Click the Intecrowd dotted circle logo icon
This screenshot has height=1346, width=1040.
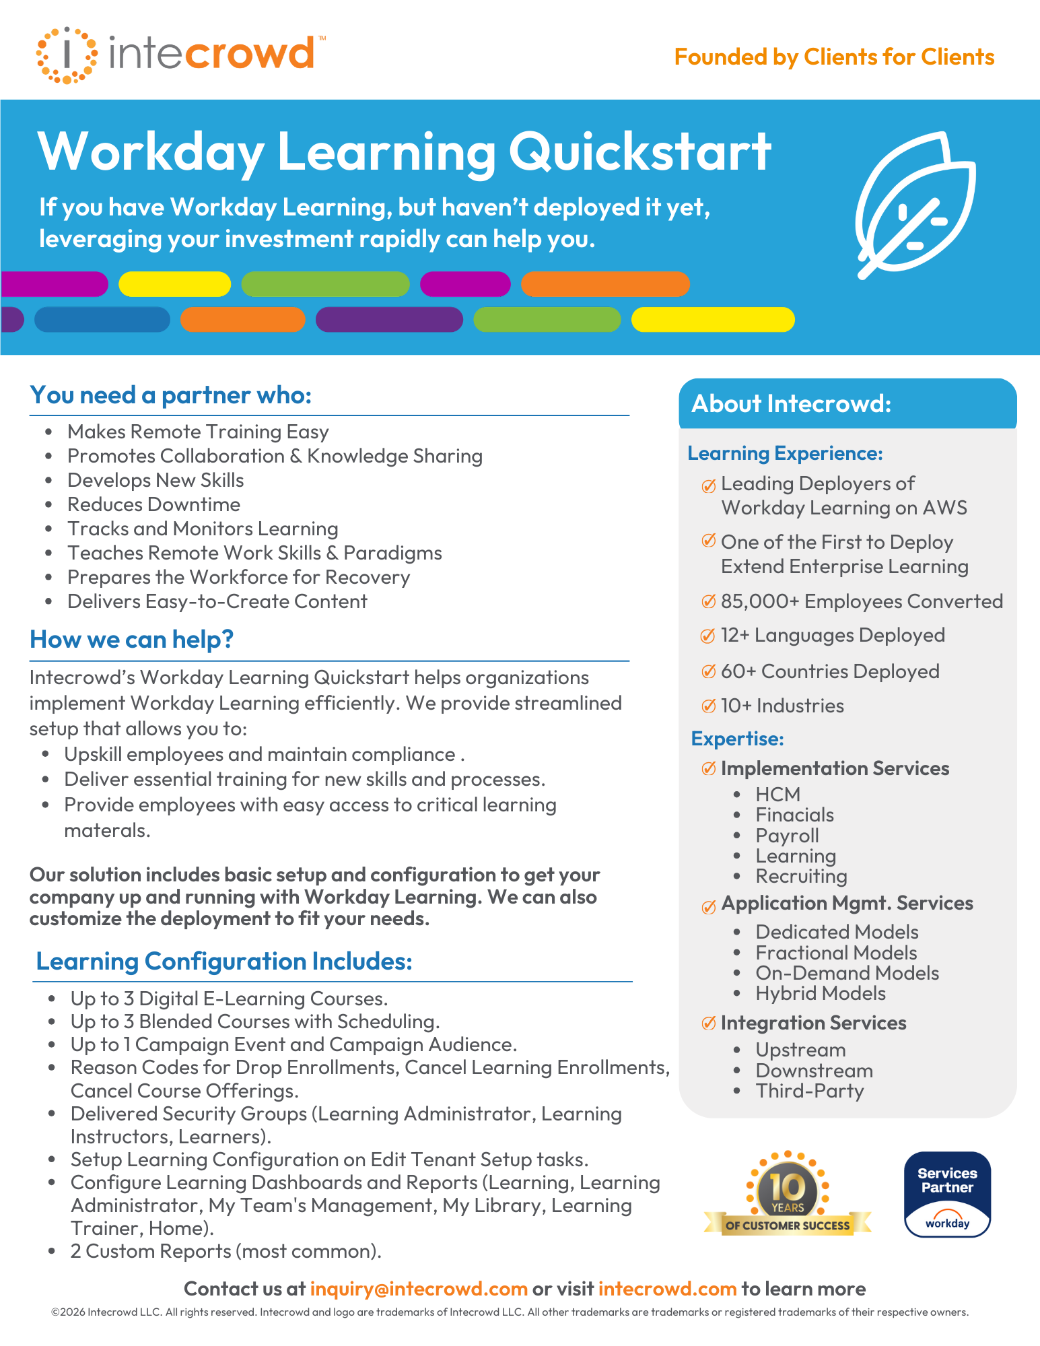coord(67,55)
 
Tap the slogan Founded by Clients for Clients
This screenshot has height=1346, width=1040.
coord(834,57)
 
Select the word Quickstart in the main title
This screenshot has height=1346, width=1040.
coord(639,152)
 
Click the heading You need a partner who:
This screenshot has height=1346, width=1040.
coord(171,395)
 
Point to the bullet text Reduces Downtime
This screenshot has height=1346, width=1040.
coord(153,504)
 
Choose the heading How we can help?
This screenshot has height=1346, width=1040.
coord(132,640)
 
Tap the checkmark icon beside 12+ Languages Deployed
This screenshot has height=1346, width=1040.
coord(708,636)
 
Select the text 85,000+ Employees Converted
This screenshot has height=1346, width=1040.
coord(862,601)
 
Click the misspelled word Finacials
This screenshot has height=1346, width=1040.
coord(794,815)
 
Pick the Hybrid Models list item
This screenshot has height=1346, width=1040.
coord(820,993)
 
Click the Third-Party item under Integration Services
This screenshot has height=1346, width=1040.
coord(809,1091)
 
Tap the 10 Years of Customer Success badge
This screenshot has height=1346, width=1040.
coord(788,1194)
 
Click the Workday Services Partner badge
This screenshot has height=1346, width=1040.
coord(947,1194)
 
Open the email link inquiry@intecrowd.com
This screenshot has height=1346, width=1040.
coord(419,1289)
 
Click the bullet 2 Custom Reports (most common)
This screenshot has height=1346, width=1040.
coord(226,1251)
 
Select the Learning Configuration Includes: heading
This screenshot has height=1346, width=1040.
coord(224,962)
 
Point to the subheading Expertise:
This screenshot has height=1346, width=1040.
coord(737,739)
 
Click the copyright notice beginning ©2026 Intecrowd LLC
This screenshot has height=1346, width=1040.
coord(510,1312)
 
